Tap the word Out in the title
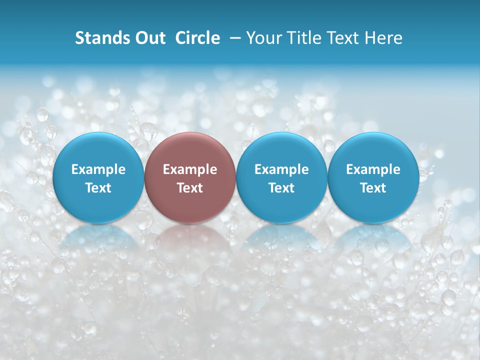(x=149, y=38)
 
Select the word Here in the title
(x=385, y=38)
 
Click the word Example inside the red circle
(x=190, y=169)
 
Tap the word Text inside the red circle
(x=190, y=188)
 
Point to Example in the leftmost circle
(x=98, y=169)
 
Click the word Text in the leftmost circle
(x=98, y=188)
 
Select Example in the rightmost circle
(x=373, y=169)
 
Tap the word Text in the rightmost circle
(x=373, y=188)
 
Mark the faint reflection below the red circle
(x=190, y=237)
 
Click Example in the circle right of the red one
(x=281, y=169)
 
